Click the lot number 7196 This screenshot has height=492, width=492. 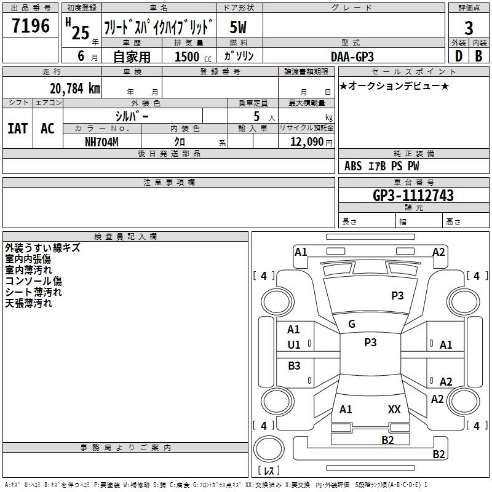tap(31, 26)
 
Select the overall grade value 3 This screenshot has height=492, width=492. tap(469, 28)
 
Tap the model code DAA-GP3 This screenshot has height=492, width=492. tap(352, 57)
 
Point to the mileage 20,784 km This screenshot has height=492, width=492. tap(75, 89)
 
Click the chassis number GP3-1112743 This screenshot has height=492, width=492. tap(413, 196)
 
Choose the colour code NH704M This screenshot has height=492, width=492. tap(101, 142)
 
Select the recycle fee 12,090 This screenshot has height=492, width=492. tap(307, 142)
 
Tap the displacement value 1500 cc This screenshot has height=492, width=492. tap(192, 57)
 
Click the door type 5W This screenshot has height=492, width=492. tap(238, 27)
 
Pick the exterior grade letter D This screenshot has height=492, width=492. tap(459, 56)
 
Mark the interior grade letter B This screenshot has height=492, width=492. tap(479, 56)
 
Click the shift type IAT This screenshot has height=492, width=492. tap(18, 129)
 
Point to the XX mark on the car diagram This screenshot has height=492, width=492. tap(394, 409)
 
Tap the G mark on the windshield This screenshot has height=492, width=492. tap(352, 324)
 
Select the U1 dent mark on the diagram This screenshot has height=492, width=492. tap(294, 345)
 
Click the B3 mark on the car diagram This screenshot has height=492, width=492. tap(295, 365)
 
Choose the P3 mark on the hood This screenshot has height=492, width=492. tap(397, 295)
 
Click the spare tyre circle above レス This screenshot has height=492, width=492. tap(269, 449)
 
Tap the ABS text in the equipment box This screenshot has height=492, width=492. tap(353, 166)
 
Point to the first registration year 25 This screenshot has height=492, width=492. tap(81, 33)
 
